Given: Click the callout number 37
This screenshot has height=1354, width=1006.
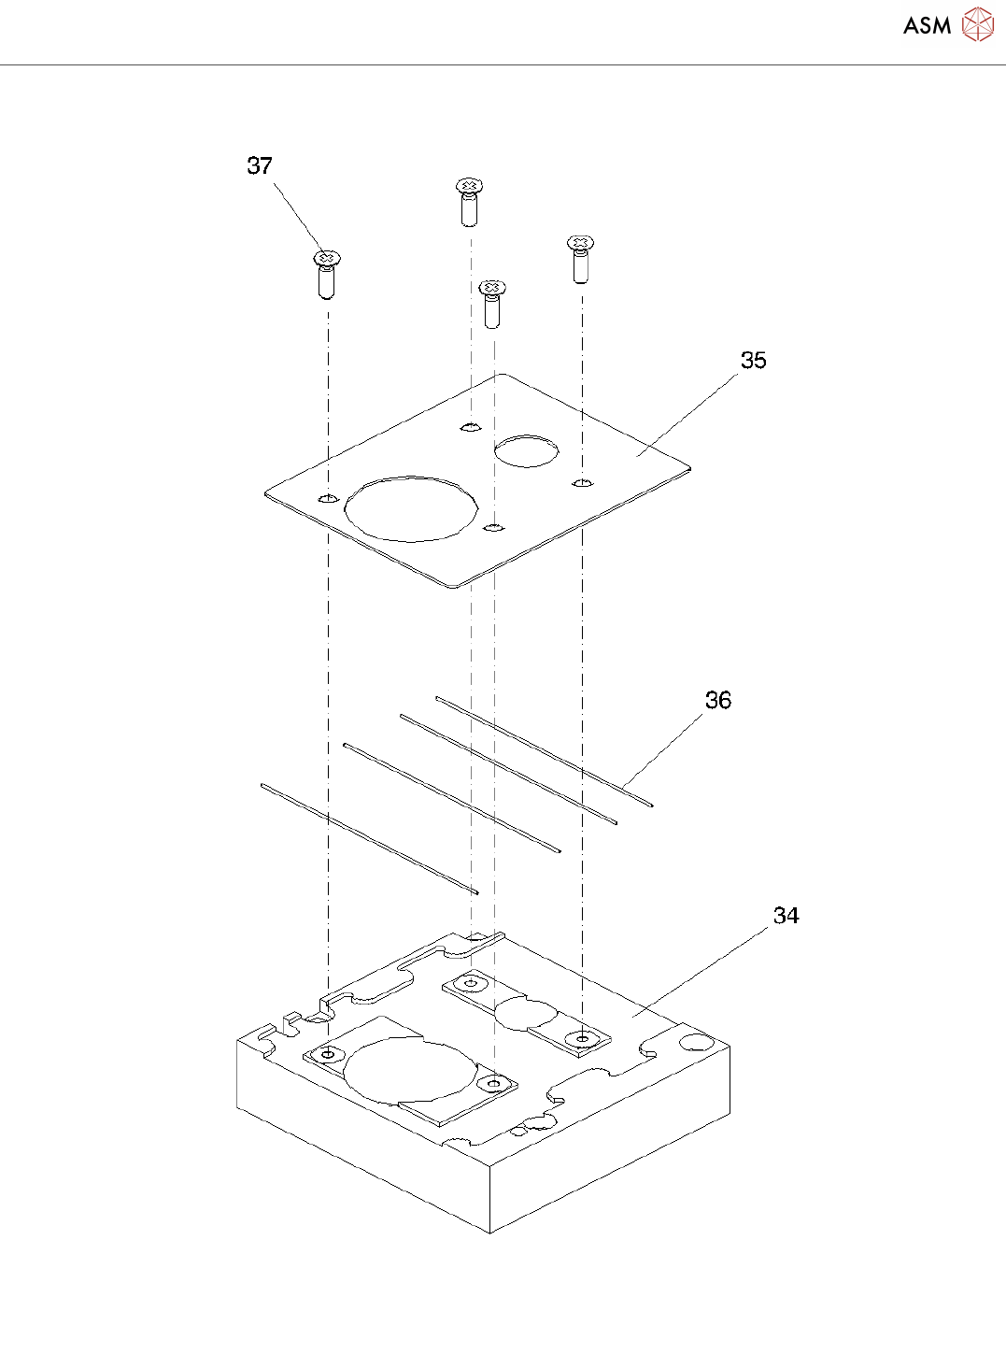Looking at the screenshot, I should [260, 166].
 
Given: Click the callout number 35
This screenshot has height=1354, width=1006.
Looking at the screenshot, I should [753, 361].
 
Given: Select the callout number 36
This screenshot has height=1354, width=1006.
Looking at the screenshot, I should [717, 701].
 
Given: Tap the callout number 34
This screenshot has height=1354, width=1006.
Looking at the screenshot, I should [786, 916].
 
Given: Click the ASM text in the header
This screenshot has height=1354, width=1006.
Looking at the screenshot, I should [927, 26].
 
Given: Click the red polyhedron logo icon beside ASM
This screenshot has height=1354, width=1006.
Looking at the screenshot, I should [977, 25].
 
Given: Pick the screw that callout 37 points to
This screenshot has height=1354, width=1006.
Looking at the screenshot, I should [326, 272].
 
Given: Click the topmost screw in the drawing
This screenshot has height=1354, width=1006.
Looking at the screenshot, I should [470, 200].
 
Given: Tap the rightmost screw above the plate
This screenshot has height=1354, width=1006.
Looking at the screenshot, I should [581, 258].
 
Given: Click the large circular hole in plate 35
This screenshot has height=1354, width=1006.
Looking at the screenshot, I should [411, 508].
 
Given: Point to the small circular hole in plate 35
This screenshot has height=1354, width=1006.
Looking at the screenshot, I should [526, 450].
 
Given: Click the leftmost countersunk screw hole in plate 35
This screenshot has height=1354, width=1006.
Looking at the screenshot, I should [326, 498].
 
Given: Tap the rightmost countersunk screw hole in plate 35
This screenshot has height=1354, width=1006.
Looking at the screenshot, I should [582, 483].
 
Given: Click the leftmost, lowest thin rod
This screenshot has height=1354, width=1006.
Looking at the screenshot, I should [369, 838].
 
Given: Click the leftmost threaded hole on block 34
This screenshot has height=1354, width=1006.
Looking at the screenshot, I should [327, 1054].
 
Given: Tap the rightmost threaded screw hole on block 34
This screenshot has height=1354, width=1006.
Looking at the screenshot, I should [583, 1037].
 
